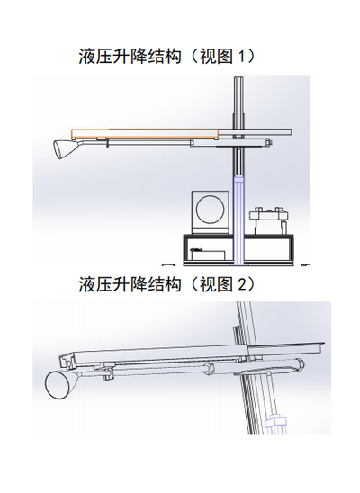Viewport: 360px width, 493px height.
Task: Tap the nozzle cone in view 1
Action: [x=64, y=149]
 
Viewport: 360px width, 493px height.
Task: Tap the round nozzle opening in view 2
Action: [x=58, y=385]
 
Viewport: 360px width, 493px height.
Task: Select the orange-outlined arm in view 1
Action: [x=145, y=134]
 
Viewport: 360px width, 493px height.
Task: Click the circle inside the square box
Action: [x=211, y=210]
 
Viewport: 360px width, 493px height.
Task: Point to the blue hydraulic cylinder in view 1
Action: [x=239, y=220]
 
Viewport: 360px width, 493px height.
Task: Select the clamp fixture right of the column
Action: [x=268, y=220]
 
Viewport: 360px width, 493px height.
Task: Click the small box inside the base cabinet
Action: [x=208, y=255]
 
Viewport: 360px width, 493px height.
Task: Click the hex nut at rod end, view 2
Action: [x=208, y=368]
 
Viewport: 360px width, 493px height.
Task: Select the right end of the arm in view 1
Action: [x=292, y=132]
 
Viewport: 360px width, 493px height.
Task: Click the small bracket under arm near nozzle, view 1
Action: [x=107, y=143]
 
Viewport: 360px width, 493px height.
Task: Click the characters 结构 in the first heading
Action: [x=165, y=57]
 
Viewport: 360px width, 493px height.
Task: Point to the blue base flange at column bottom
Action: [x=239, y=265]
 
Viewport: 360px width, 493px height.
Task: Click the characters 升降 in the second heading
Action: [x=130, y=284]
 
